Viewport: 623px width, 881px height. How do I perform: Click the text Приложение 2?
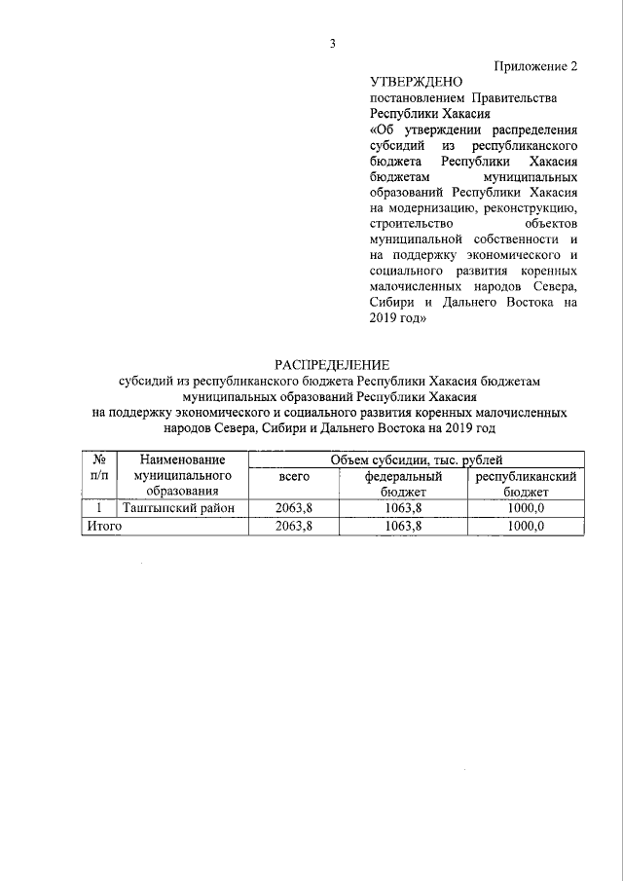[x=535, y=67]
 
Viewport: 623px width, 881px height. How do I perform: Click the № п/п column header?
[x=98, y=467]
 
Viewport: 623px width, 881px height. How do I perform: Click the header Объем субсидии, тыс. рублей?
[x=416, y=459]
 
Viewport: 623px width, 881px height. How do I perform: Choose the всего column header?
[x=294, y=477]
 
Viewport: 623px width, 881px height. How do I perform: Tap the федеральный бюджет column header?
[x=403, y=484]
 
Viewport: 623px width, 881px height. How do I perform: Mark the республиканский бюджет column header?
[x=526, y=484]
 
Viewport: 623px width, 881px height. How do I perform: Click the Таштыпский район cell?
[x=182, y=508]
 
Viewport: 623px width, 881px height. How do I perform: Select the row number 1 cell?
[x=98, y=508]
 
